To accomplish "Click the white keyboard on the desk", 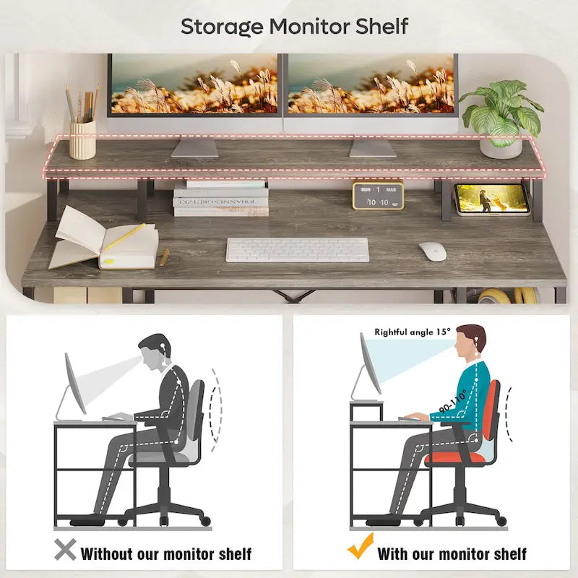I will tap(297, 250).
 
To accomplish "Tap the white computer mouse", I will tap(432, 251).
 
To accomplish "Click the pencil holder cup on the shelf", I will tap(82, 139).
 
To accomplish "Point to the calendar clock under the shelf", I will tap(377, 196).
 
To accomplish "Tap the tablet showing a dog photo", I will tap(493, 199).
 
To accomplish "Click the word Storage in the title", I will tap(222, 27).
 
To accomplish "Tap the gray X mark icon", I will tap(65, 551).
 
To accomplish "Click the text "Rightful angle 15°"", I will tap(412, 332).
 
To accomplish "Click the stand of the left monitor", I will tap(194, 147).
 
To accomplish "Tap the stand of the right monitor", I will tap(373, 147).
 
